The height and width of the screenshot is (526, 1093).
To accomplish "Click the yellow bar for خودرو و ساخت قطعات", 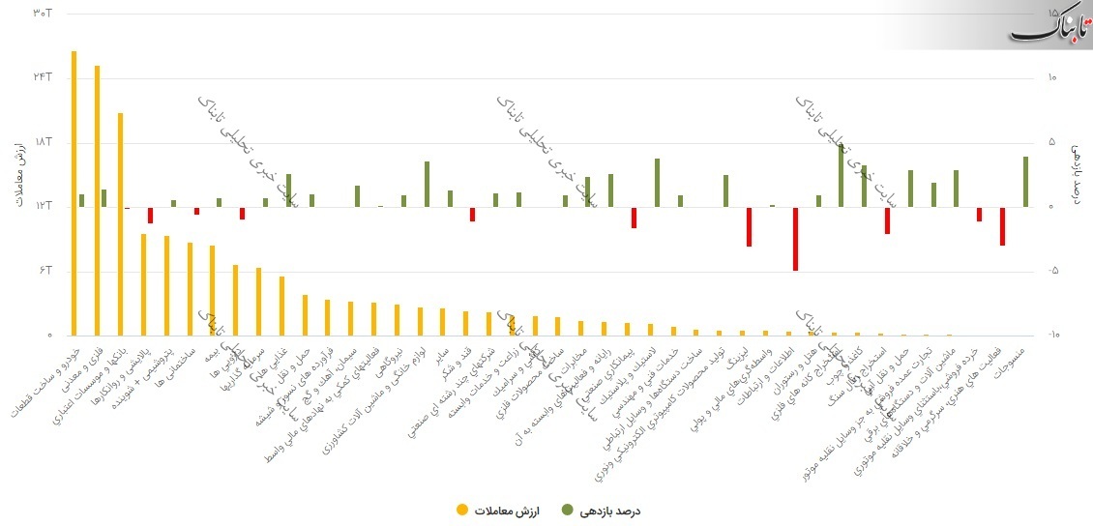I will tap(74, 193).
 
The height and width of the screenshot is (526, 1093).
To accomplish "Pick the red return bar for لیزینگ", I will tap(749, 226).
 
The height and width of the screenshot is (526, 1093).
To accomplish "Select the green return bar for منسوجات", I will tap(1025, 182).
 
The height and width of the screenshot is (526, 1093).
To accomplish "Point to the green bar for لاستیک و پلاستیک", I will tap(657, 183).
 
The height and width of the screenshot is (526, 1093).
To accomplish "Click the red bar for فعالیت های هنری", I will tap(1002, 226).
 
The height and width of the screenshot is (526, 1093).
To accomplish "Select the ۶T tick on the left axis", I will tap(44, 271).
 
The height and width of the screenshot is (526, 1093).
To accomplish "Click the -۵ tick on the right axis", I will tap(1053, 271).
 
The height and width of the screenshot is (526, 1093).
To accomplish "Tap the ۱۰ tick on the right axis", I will tap(1052, 77).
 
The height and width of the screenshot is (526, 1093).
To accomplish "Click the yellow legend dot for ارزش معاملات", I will tap(463, 510).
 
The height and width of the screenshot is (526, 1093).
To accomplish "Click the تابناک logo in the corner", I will tap(1050, 27).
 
